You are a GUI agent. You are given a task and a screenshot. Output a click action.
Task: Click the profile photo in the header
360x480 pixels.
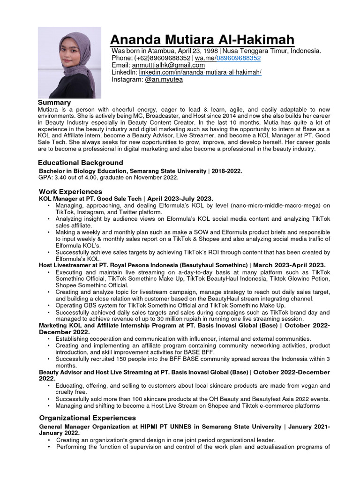pyautogui.click(x=69, y=62)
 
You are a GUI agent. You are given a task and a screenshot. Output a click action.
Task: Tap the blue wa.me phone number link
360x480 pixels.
pyautogui.click(x=238, y=58)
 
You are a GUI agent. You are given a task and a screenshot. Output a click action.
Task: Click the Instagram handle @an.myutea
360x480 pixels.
pyautogui.click(x=164, y=79)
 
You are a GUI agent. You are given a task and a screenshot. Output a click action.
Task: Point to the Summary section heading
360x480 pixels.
pyautogui.click(x=54, y=102)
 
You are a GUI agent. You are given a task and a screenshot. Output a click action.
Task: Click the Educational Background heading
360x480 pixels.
pyautogui.click(x=81, y=163)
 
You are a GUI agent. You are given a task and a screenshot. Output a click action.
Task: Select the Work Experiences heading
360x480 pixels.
pyautogui.click(x=70, y=191)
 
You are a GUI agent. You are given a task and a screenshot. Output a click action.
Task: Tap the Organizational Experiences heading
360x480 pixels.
pyautogui.click(x=87, y=417)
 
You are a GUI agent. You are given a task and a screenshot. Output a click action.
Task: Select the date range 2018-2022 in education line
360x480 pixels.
pyautogui.click(x=226, y=171)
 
